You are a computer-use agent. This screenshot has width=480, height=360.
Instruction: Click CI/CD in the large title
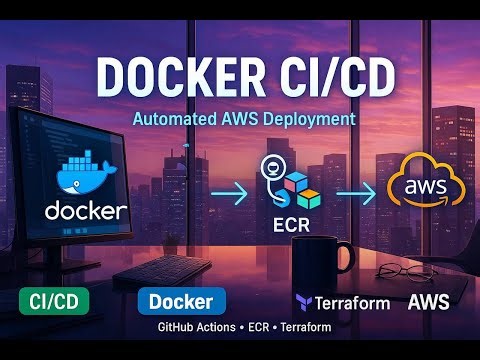335,78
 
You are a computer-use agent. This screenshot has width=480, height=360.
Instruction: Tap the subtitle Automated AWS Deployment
244,118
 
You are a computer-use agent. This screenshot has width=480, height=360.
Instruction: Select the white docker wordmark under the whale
86,210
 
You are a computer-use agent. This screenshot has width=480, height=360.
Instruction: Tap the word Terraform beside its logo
353,302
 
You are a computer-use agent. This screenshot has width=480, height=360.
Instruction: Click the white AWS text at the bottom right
428,301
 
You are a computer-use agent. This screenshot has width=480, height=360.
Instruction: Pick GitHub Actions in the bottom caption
196,328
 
